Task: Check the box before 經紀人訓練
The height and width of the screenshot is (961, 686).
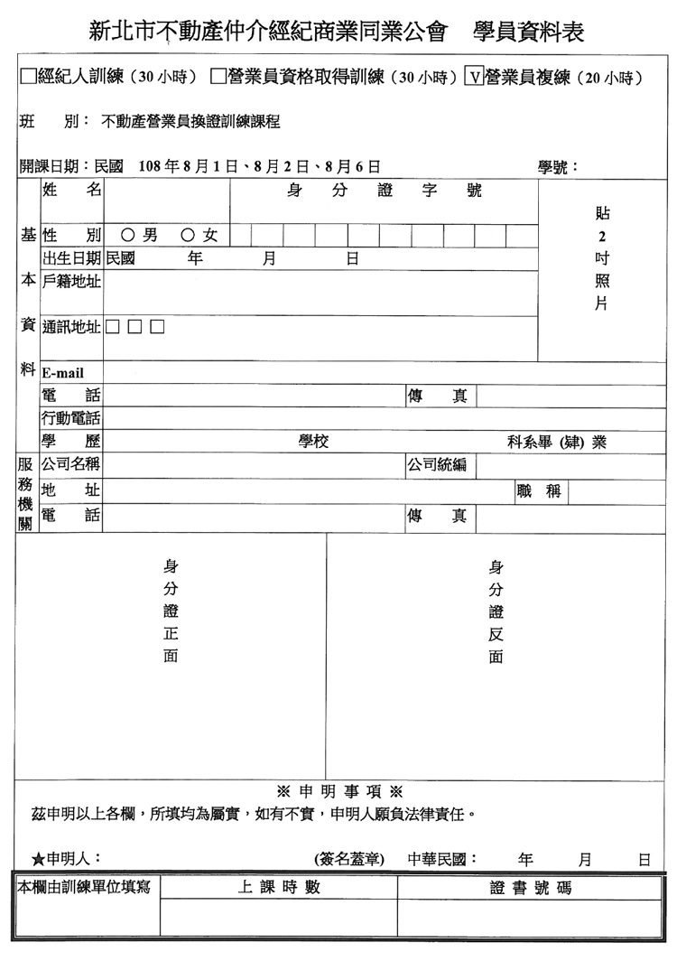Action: pos(28,78)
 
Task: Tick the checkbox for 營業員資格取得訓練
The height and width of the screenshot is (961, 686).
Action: pos(218,78)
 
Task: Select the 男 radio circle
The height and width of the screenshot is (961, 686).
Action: pos(127,236)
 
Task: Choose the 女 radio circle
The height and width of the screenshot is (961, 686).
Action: pos(188,236)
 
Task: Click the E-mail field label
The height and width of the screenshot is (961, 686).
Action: pos(62,373)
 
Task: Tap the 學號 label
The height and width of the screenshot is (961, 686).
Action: pos(558,167)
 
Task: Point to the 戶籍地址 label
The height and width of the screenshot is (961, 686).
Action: pos(71,282)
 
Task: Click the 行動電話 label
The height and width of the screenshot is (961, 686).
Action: pos(71,419)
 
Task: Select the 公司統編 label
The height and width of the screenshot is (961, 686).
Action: pos(437,466)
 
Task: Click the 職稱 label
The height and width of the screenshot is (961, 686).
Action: pos(539,491)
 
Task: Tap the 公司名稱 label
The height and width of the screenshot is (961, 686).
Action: pos(71,466)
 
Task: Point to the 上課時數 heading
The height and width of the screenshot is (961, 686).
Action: pos(279,888)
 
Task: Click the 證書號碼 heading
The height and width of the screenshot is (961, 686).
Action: pos(531,888)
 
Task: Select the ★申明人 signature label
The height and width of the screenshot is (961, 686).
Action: pos(67,858)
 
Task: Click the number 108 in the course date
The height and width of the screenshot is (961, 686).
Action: pos(152,167)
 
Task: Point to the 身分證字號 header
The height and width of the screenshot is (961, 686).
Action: pos(384,191)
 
